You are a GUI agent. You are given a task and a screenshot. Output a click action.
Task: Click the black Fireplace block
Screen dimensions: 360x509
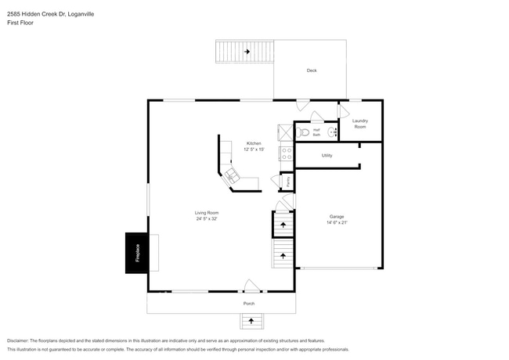pos(137,253)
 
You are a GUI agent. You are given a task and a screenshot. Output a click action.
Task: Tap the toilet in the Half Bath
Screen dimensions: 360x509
pos(301,131)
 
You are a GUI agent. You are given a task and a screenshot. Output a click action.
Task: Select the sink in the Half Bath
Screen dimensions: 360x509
pos(331,132)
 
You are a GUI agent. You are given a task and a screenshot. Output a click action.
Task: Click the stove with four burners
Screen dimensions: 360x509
pos(286,155)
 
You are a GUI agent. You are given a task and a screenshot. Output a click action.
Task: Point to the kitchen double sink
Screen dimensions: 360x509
pos(233,176)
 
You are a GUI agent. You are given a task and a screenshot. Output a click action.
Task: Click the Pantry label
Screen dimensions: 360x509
pos(288,182)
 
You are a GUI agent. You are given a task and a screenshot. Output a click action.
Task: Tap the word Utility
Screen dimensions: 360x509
pos(327,156)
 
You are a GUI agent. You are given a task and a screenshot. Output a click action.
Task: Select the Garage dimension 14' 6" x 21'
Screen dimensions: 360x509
pos(338,222)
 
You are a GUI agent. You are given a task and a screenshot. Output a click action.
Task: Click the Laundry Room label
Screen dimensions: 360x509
pos(359,124)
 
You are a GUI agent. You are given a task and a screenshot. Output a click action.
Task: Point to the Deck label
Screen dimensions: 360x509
pos(311,71)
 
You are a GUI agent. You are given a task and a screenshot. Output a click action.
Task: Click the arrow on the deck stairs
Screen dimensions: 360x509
pos(247,52)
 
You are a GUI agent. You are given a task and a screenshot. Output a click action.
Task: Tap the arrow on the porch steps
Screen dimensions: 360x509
pos(251,319)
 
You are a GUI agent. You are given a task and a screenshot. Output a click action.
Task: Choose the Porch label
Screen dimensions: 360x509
pos(249,304)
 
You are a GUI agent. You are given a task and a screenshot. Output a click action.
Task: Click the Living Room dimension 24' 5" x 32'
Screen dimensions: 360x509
pos(207,219)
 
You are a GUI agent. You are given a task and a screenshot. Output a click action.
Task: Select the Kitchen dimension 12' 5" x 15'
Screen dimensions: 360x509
pos(254,149)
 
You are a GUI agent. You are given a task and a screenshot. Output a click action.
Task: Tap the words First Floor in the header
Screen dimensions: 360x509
pos(20,23)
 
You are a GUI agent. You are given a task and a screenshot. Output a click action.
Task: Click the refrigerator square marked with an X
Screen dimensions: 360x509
pos(285,131)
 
